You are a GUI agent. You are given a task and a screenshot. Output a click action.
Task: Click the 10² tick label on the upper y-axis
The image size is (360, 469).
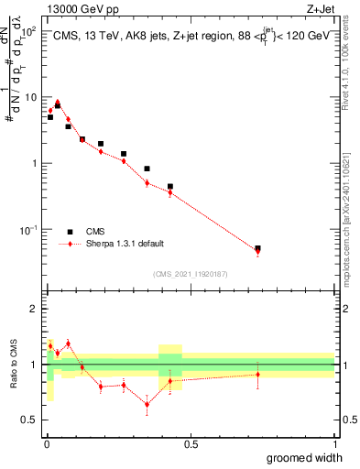(x=29, y=31)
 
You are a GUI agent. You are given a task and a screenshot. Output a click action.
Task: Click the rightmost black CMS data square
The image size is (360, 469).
(x=258, y=248)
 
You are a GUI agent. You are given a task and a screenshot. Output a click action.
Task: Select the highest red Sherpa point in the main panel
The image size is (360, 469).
(x=58, y=103)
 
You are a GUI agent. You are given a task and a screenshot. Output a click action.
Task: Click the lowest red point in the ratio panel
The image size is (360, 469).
(x=147, y=404)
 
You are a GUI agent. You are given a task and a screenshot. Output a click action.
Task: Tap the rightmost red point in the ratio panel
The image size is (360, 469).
(x=258, y=374)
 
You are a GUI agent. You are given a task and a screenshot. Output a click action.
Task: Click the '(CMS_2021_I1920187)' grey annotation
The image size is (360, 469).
(x=190, y=274)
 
